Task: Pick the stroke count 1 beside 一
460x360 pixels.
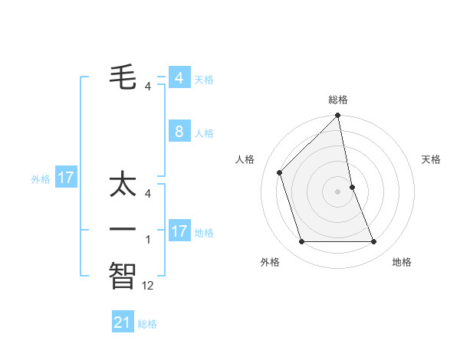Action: [148, 240]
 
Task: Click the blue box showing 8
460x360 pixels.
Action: [179, 132]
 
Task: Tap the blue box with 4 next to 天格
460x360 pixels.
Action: [179, 78]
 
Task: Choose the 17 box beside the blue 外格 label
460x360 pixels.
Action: [66, 178]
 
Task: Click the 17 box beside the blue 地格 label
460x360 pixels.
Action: [179, 231]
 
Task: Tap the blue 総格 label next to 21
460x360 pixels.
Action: [148, 324]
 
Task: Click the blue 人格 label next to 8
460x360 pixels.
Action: [204, 133]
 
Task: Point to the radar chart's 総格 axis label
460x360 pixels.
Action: [338, 100]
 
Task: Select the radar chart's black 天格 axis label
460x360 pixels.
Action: [431, 159]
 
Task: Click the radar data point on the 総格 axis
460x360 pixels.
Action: [337, 116]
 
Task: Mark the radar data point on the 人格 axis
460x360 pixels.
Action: [280, 172]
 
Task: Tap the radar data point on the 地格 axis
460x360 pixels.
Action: [374, 242]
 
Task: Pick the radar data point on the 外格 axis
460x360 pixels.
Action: [301, 242]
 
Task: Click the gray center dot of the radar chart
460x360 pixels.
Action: [337, 191]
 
